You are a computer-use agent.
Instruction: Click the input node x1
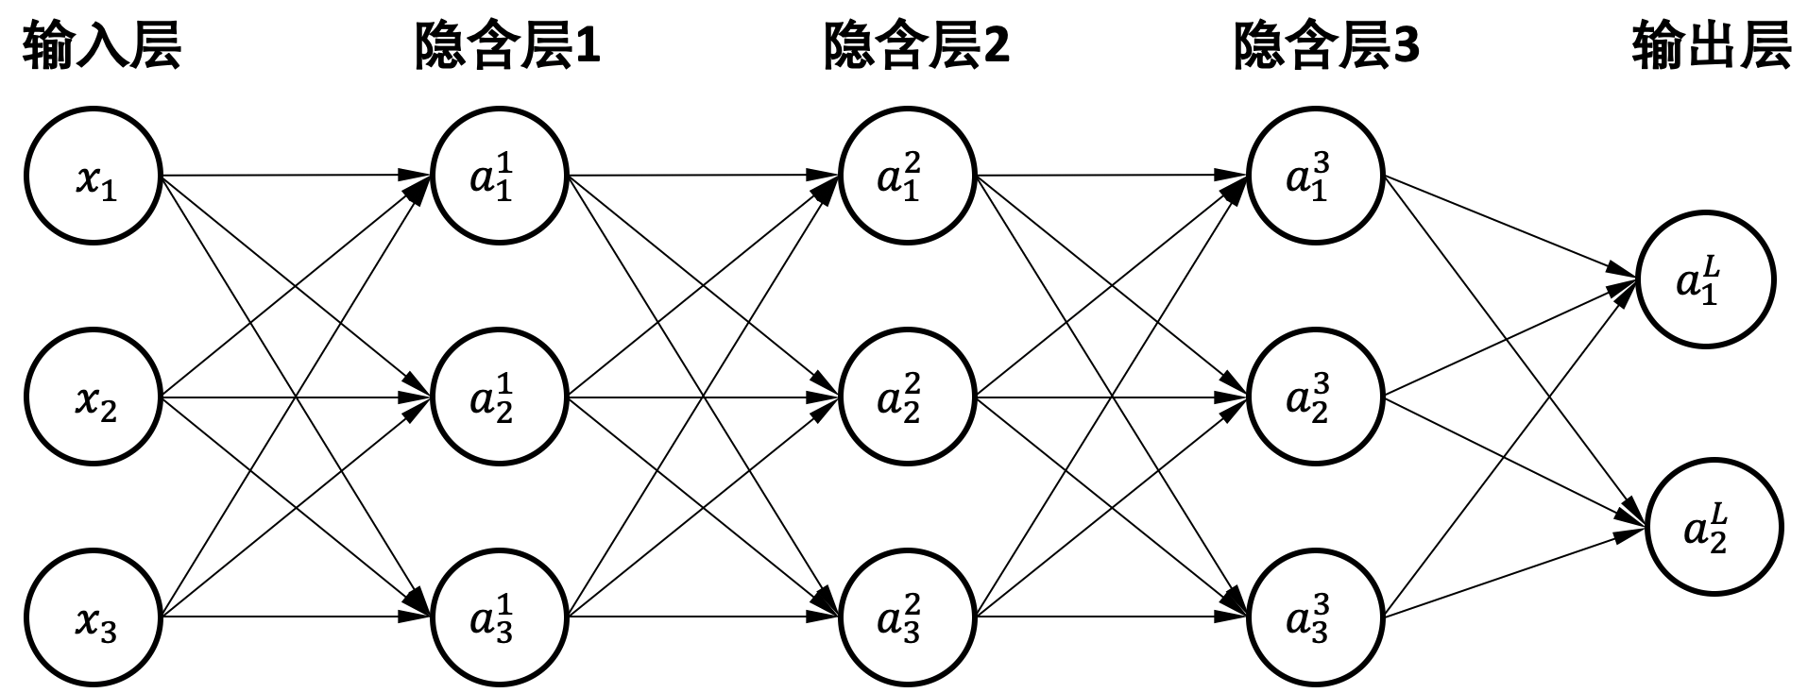[94, 177]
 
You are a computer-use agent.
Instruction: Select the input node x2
[94, 397]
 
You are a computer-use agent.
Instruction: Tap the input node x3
[94, 618]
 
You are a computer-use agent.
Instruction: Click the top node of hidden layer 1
[500, 177]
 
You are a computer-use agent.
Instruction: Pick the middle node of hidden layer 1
[500, 397]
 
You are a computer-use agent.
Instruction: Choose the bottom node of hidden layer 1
[500, 618]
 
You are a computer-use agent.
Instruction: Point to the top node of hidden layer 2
[908, 177]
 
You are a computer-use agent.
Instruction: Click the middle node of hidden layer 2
[908, 397]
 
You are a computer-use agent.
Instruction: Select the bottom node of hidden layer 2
[908, 618]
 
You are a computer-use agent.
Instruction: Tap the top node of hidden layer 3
[1316, 177]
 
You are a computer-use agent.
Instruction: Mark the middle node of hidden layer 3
[1316, 397]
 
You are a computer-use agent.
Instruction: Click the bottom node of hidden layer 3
[1316, 618]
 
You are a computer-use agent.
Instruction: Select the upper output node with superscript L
[1706, 280]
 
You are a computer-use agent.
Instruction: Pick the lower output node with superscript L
[1714, 529]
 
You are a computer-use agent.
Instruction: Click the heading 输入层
[101, 45]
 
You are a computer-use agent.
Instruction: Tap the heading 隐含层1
[507, 45]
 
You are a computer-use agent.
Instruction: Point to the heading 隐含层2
[916, 45]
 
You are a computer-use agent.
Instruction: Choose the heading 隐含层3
[1326, 45]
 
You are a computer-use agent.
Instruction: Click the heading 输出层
[1712, 45]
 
